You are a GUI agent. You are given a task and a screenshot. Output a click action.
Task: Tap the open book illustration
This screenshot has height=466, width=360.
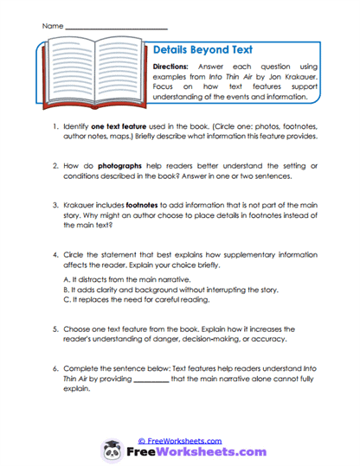click(x=93, y=76)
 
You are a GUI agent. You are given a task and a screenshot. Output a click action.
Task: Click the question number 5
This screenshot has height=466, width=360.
click(x=55, y=329)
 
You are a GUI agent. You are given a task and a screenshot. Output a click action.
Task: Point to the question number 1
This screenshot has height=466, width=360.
click(x=55, y=126)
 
